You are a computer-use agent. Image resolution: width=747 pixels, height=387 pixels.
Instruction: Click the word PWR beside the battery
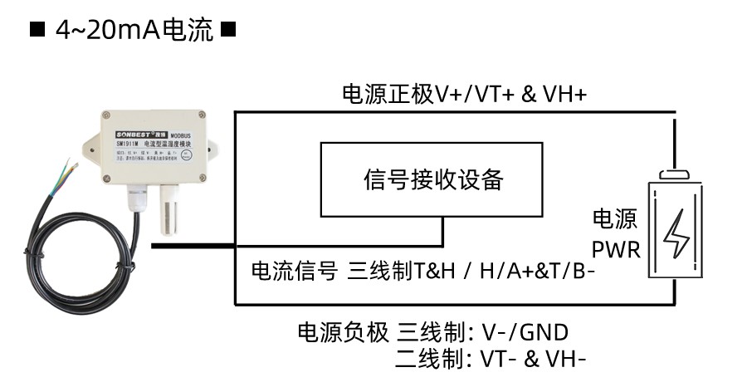pos(617,248)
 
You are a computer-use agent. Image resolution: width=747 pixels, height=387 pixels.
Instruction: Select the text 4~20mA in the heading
pos(109,31)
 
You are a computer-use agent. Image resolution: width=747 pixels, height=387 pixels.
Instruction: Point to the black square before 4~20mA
pos(37,31)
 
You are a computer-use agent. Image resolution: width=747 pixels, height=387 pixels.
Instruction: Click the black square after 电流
pos(230,31)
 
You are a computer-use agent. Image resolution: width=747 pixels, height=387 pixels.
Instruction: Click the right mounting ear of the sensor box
pos(213,149)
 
